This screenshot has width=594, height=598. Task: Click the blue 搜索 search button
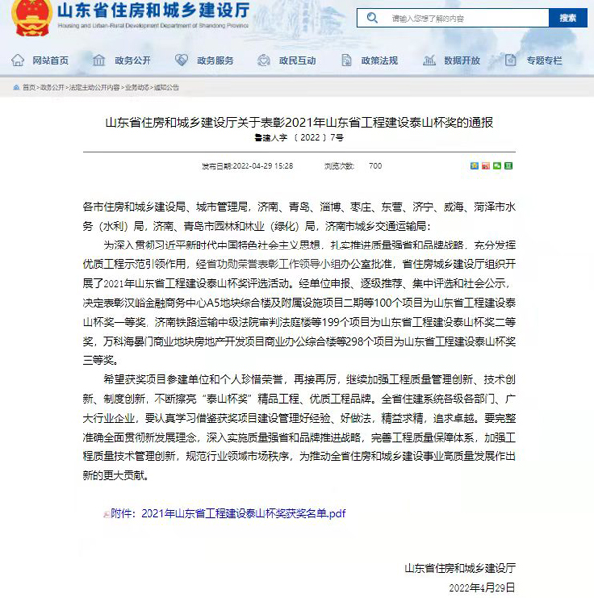pos(568,18)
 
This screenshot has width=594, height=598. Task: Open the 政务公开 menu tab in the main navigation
pos(132,60)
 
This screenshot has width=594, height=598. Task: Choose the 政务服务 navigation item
pos(214,60)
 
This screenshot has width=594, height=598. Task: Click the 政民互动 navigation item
pos(296,60)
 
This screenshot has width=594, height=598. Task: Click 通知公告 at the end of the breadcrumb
pos(167,87)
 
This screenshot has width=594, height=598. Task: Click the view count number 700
pos(375,166)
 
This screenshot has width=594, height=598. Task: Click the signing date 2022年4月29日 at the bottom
pos(484,586)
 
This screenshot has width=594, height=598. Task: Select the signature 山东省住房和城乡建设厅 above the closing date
pos(460,567)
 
